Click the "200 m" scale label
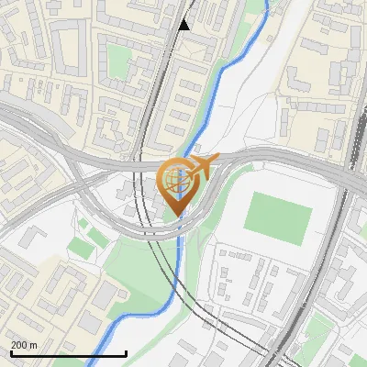click(x=24, y=345)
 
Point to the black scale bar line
click(x=68, y=353)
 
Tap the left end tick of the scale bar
click(x=11, y=351)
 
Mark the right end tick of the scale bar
click(x=126, y=351)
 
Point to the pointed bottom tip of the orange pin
click(x=179, y=217)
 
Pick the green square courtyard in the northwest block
click(x=119, y=61)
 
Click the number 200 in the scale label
click(x=19, y=345)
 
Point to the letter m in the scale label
click(x=33, y=345)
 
